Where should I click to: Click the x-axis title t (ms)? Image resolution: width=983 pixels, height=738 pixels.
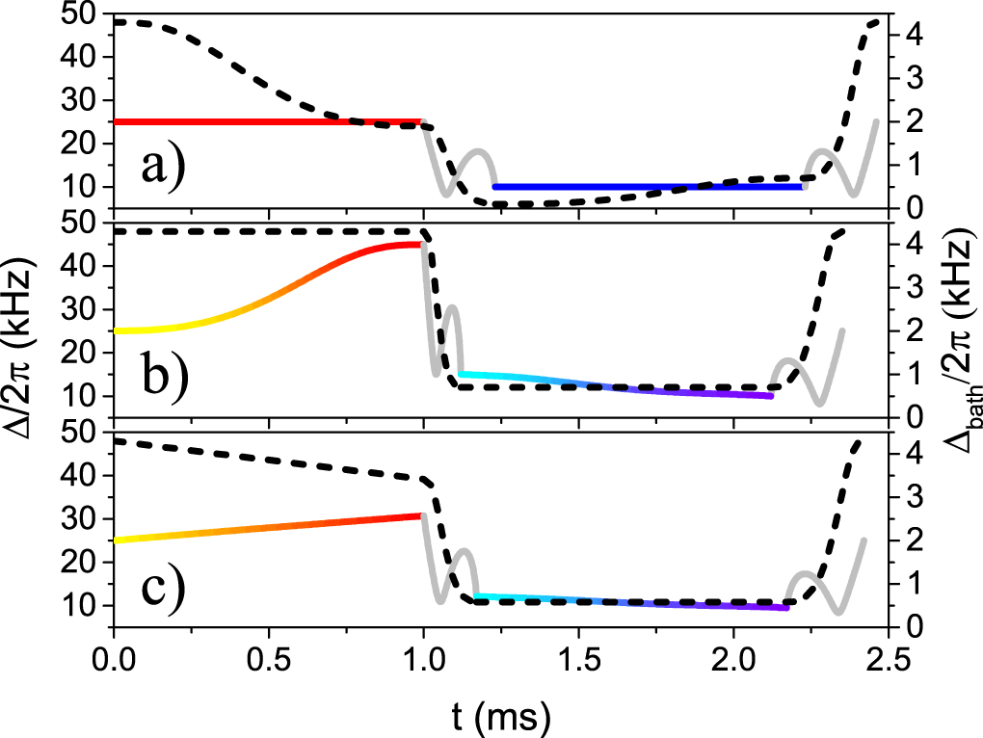(498, 714)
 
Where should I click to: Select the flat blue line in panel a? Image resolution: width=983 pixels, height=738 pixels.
(646, 186)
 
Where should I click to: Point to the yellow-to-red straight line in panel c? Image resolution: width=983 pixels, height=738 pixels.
(270, 528)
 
